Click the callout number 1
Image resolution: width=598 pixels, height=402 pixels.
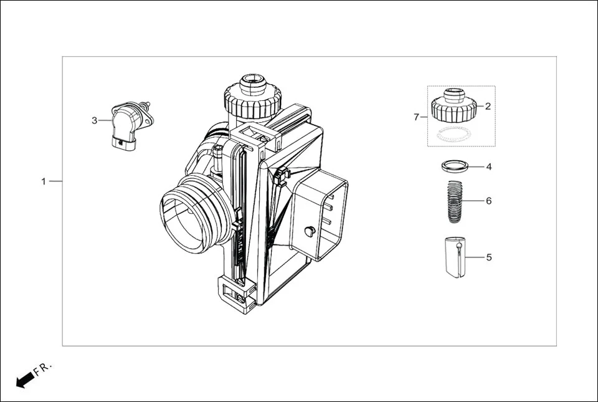click(44, 181)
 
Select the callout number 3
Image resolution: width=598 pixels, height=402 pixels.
click(95, 120)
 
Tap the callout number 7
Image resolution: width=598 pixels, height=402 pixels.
click(417, 117)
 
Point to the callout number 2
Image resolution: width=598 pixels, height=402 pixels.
click(488, 106)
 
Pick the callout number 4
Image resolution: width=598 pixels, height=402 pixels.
click(489, 167)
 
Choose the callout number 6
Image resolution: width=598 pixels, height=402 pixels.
click(489, 201)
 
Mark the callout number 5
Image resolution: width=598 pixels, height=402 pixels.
click(489, 257)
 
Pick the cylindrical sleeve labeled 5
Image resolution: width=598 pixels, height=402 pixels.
click(455, 256)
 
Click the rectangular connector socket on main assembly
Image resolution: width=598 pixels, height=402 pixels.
click(323, 214)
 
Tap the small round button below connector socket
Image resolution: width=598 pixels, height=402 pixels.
click(309, 231)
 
